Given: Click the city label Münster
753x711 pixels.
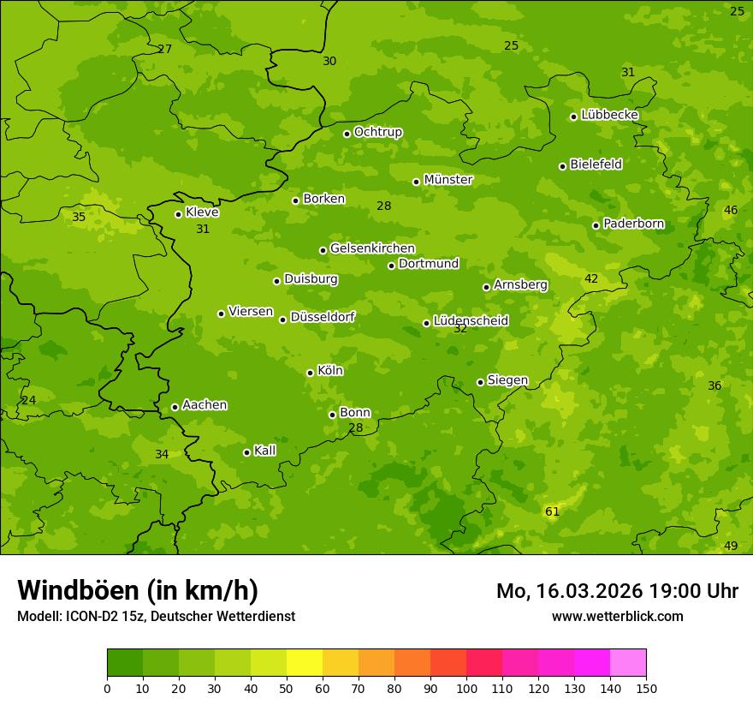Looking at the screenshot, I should pos(448,180).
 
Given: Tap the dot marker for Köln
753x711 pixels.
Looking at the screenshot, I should pos(310,373).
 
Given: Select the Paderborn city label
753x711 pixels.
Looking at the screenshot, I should pos(633,224).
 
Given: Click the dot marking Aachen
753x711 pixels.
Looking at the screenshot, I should pos(175,407).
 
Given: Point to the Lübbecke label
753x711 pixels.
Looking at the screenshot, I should pos(609,115).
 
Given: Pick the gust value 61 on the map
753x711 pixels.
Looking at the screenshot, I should pos(552,511).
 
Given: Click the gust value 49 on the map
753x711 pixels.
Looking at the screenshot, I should pos(731,546).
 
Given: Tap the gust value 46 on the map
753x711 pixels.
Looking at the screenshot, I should pos(731,210).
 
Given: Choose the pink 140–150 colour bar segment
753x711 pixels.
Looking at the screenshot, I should pos(628,663).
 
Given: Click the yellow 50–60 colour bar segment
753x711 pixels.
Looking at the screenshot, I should pos(305,663).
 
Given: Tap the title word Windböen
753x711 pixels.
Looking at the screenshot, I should pos(78,590).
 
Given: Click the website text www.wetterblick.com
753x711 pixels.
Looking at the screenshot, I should pos(617,616).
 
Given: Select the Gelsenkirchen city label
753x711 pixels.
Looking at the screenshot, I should pos(372,248).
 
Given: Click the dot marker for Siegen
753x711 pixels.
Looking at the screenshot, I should pos(480,382).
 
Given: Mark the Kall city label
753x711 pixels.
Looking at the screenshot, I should pos(264,451).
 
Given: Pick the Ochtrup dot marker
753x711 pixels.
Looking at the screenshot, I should pos(347,134).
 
